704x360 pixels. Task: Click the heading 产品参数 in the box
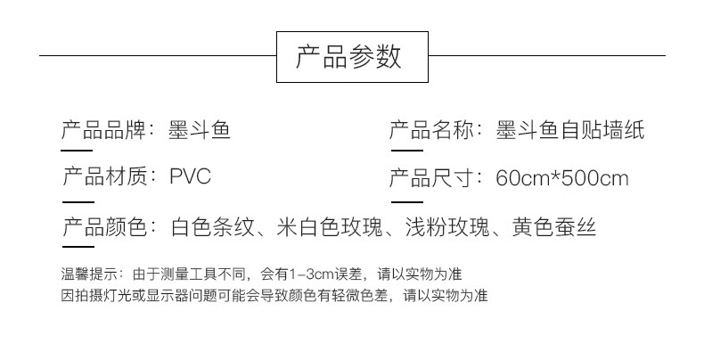point(348,57)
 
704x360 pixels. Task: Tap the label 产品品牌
point(103,130)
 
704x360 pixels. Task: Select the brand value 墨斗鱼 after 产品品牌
point(200,130)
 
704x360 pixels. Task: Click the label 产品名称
point(431,130)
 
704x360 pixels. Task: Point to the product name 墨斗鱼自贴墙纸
point(570,130)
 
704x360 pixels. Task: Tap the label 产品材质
point(104,176)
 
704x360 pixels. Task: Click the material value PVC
point(191,176)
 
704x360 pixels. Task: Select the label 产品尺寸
point(431,178)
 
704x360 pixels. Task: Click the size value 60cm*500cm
point(562,178)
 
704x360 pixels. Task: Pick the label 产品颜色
point(104,226)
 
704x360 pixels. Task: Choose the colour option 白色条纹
point(213,226)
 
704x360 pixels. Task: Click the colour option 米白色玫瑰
point(330,226)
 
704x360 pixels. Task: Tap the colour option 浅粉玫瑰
point(447,226)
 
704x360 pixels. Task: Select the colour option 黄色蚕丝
point(554,226)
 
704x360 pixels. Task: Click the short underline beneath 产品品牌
point(77,151)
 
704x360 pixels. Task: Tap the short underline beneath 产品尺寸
point(407,202)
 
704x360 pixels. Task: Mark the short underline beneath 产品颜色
point(78,246)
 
